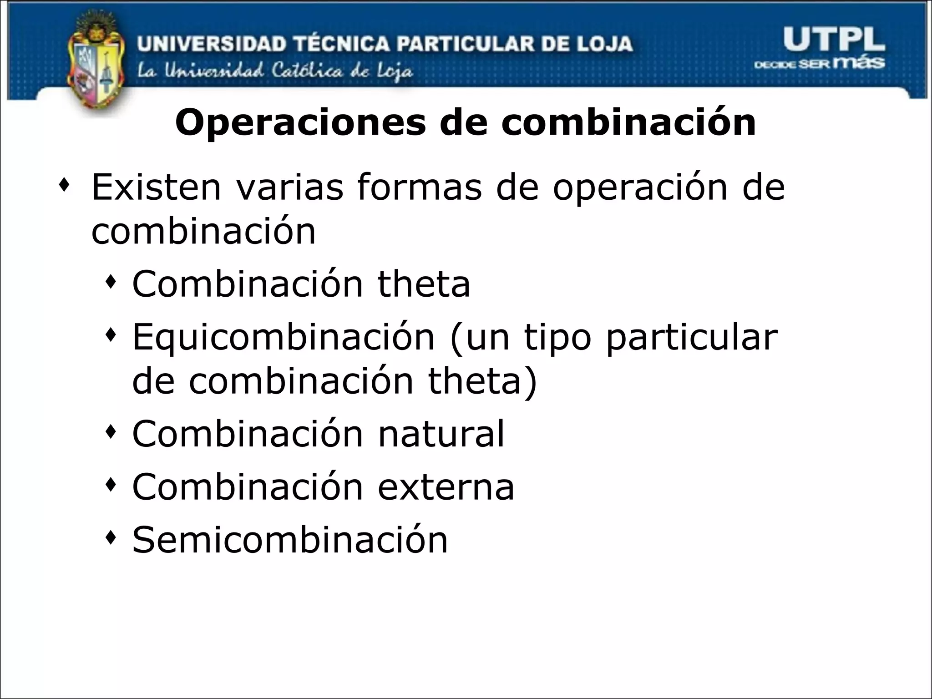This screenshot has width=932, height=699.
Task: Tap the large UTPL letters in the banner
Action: coord(834,40)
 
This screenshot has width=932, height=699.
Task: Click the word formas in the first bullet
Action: coord(419,187)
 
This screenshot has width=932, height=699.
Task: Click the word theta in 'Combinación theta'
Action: coord(424,284)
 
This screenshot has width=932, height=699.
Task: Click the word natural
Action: coord(441,434)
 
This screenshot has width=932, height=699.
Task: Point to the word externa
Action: coord(446,487)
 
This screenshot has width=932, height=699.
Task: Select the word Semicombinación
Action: coord(290,540)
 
